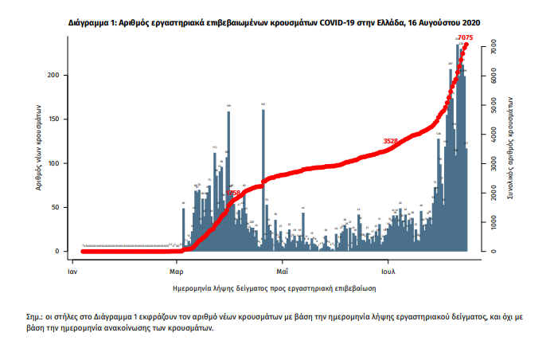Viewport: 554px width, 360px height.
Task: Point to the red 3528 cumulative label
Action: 390,141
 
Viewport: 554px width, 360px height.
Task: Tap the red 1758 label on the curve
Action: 233,193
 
